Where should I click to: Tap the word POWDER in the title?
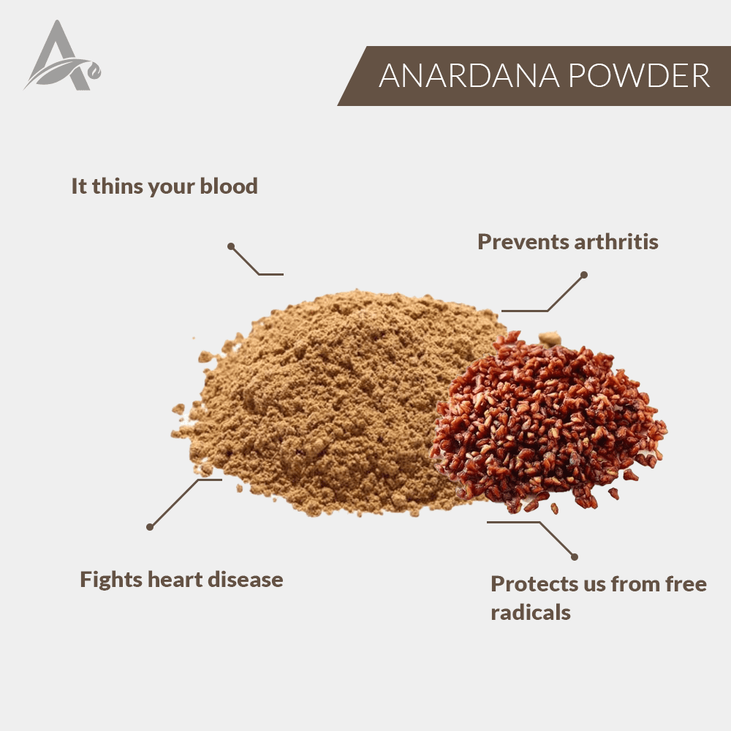[x=639, y=75]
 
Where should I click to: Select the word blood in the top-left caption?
[x=228, y=186]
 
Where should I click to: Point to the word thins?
[x=117, y=186]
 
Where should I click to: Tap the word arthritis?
[x=616, y=241]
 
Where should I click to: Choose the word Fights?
[x=111, y=580]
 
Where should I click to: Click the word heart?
[x=175, y=580]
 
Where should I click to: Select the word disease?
[x=245, y=580]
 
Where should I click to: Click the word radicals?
[x=531, y=612]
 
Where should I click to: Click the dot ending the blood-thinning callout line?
[x=231, y=246]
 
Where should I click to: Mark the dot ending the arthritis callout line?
[x=583, y=275]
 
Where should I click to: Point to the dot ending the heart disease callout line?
[x=150, y=527]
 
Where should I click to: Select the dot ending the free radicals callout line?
[x=575, y=556]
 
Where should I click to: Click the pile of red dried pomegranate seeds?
[x=548, y=422]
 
